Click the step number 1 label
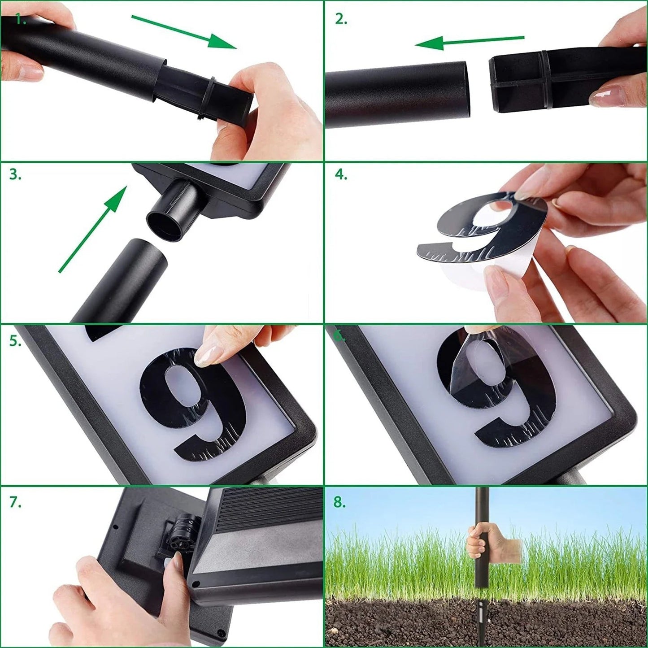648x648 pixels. pos(20,20)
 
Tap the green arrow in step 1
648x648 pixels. pos(184,31)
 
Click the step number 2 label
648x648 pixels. pos(341,19)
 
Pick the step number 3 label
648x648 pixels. pos(16,174)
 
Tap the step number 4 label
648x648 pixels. pos(341,174)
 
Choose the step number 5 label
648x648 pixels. pos(16,341)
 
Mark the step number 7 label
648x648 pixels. pos(16,503)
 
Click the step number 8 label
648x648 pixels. pos(340,503)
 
